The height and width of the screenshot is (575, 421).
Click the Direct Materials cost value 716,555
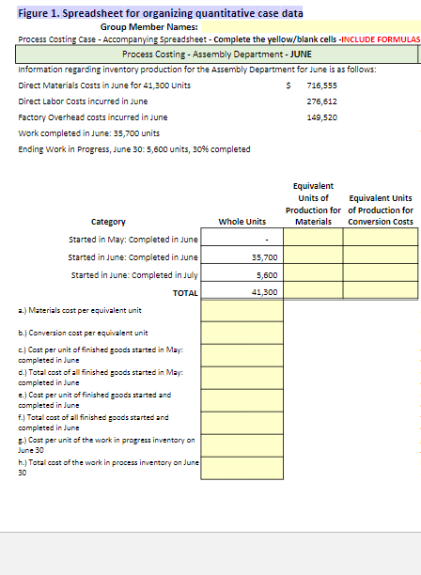[321, 85]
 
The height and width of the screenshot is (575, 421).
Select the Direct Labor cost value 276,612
[321, 101]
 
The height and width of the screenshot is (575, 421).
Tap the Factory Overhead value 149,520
[321, 117]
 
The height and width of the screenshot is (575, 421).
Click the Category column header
[108, 222]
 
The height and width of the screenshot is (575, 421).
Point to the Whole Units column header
[242, 222]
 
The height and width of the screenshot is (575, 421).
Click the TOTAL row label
[185, 293]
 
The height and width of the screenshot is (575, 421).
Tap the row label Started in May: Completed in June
[133, 240]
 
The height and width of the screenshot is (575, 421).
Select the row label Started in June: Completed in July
[133, 275]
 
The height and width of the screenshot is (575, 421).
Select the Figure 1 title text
[160, 12]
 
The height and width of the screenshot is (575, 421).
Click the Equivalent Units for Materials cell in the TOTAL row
[315, 292]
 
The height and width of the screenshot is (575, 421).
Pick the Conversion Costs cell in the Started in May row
[379, 240]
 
